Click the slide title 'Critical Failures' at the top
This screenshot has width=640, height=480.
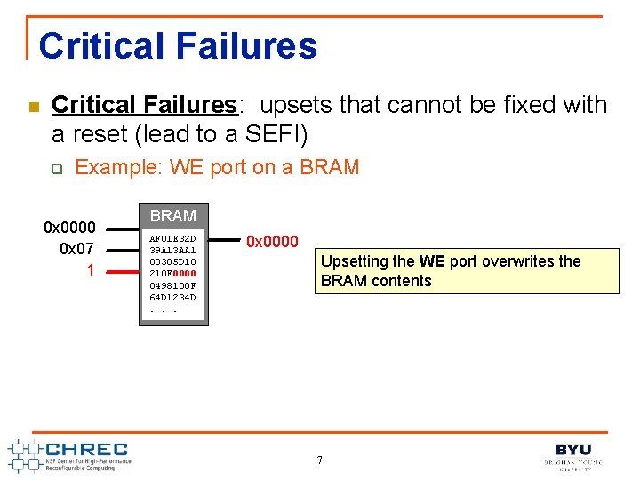tap(178, 46)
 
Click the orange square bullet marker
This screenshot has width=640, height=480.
tap(33, 108)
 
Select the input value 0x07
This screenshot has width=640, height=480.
tap(77, 249)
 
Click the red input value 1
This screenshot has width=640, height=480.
tap(91, 269)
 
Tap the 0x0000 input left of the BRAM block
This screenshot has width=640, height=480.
tap(70, 228)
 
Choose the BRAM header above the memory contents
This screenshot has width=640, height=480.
tap(173, 216)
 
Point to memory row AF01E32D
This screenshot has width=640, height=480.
tap(172, 239)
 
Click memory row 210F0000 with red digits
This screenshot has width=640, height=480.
tap(172, 274)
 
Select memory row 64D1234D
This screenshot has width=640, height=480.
tap(172, 297)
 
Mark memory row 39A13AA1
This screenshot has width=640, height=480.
tap(172, 251)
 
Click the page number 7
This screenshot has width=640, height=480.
tap(320, 460)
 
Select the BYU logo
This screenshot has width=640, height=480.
tap(573, 455)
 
